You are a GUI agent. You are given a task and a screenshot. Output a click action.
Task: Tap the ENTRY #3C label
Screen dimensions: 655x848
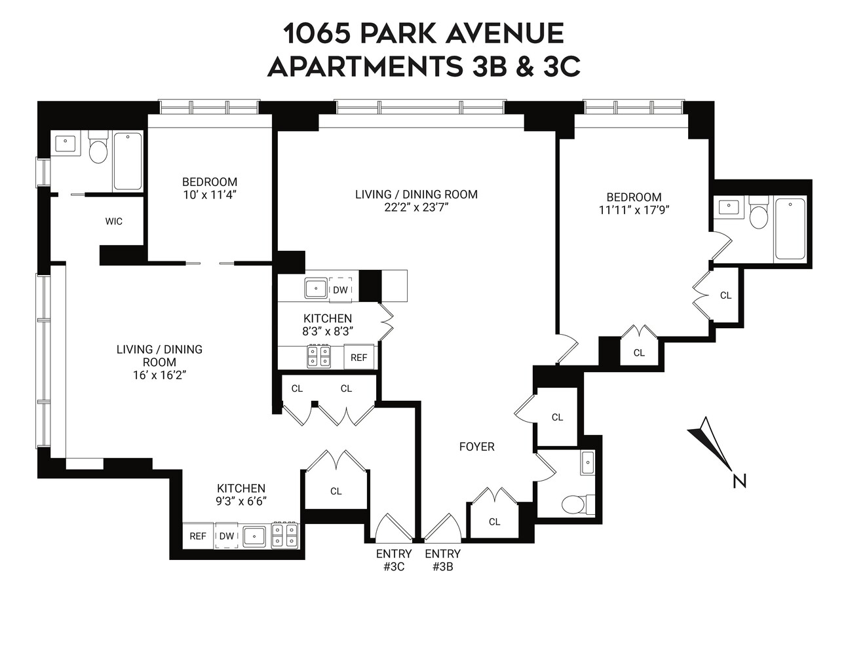393,560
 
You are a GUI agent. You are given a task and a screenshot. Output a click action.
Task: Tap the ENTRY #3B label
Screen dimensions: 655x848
442,560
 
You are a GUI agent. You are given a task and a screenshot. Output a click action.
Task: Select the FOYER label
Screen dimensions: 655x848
476,447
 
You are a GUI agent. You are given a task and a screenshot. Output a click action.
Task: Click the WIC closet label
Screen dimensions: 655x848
114,221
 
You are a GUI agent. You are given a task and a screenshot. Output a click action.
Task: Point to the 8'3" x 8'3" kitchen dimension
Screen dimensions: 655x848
328,331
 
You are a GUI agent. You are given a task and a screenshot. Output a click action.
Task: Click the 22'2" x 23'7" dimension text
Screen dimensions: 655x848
416,208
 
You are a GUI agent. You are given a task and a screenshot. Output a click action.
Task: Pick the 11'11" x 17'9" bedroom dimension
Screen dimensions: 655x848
634,210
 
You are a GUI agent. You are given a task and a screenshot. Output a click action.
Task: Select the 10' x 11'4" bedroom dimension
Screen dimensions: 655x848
210,195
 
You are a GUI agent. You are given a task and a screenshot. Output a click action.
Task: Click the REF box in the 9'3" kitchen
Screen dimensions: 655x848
198,536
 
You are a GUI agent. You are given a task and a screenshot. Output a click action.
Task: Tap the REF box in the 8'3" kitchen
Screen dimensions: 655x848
359,358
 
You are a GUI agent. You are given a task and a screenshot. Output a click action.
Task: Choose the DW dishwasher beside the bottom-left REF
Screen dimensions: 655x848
227,536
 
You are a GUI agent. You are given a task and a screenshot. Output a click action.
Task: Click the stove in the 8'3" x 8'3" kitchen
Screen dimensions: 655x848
319,357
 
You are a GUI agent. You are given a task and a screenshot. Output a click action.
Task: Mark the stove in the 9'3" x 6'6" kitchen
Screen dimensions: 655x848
285,535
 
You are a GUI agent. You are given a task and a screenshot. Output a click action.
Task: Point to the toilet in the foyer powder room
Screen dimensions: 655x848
575,504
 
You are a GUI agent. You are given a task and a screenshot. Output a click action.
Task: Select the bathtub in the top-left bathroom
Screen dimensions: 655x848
127,161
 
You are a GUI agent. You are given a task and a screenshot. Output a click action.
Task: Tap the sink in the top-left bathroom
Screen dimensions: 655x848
66,143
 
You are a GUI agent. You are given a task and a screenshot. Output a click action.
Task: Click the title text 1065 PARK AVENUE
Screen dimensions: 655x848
423,33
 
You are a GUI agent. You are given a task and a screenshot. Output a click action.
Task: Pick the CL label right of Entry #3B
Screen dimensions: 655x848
495,521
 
